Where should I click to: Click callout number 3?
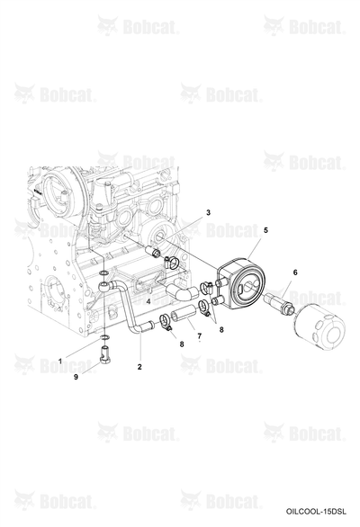208,212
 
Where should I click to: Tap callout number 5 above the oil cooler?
265,230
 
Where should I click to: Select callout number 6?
295,272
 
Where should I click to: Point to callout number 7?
200,335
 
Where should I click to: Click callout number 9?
76,377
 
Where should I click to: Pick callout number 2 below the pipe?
139,367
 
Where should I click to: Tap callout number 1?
60,362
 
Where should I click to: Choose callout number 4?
148,301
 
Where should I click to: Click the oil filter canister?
320,326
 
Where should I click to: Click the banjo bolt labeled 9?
105,355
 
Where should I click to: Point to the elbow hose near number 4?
183,291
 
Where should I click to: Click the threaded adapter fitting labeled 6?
280,303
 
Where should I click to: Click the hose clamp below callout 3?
172,263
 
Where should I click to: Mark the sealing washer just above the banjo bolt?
104,336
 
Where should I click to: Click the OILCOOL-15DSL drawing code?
316,512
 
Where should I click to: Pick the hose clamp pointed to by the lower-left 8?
166,320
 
